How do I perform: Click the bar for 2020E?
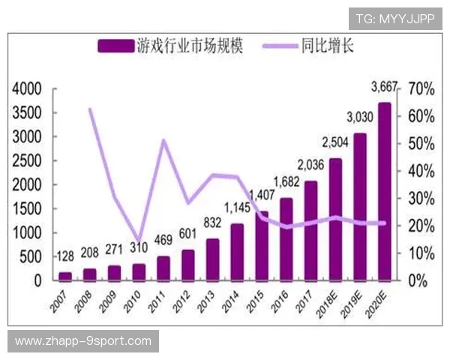pyautogui.click(x=384, y=191)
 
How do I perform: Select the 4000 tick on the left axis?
pyautogui.click(x=28, y=89)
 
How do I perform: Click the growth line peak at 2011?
pyautogui.click(x=164, y=140)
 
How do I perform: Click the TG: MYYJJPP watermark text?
pyautogui.click(x=394, y=18)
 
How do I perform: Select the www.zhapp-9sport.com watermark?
pyautogui.click(x=83, y=341)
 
